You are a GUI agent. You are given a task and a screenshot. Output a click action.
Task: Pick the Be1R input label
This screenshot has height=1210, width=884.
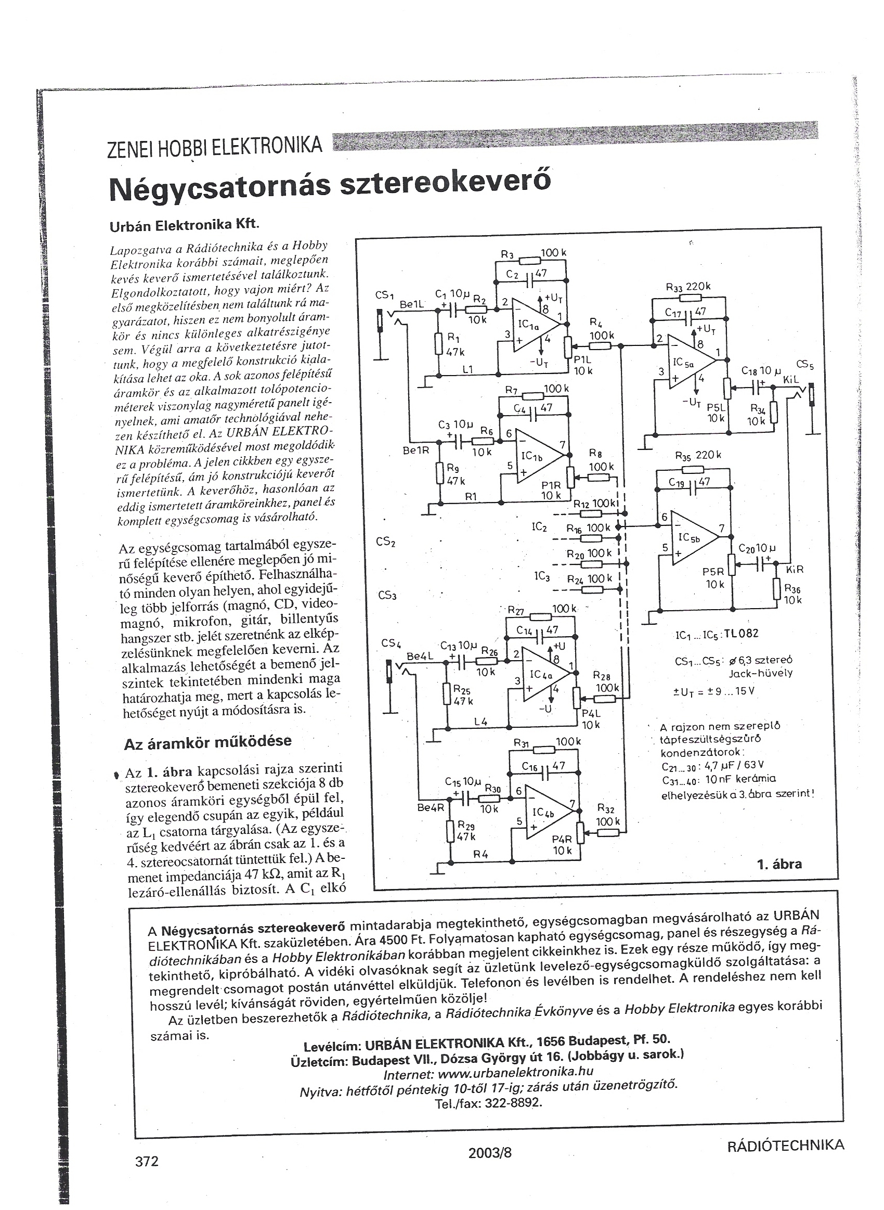tap(416, 450)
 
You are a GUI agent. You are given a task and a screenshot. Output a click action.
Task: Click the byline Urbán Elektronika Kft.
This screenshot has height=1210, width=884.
tap(184, 226)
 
